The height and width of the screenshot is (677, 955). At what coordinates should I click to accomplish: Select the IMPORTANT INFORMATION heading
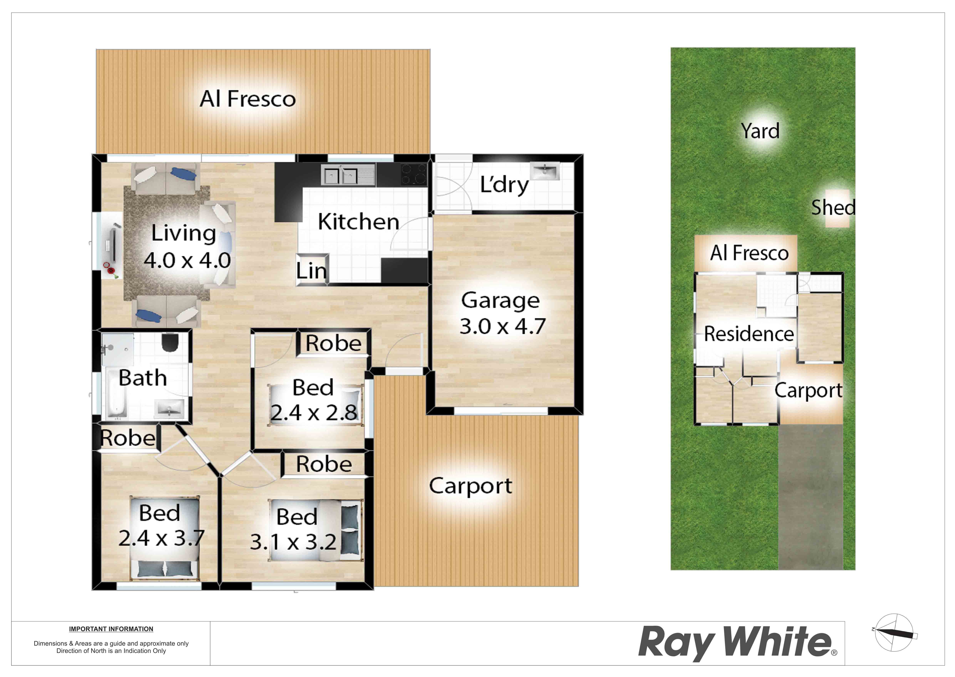(111, 629)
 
